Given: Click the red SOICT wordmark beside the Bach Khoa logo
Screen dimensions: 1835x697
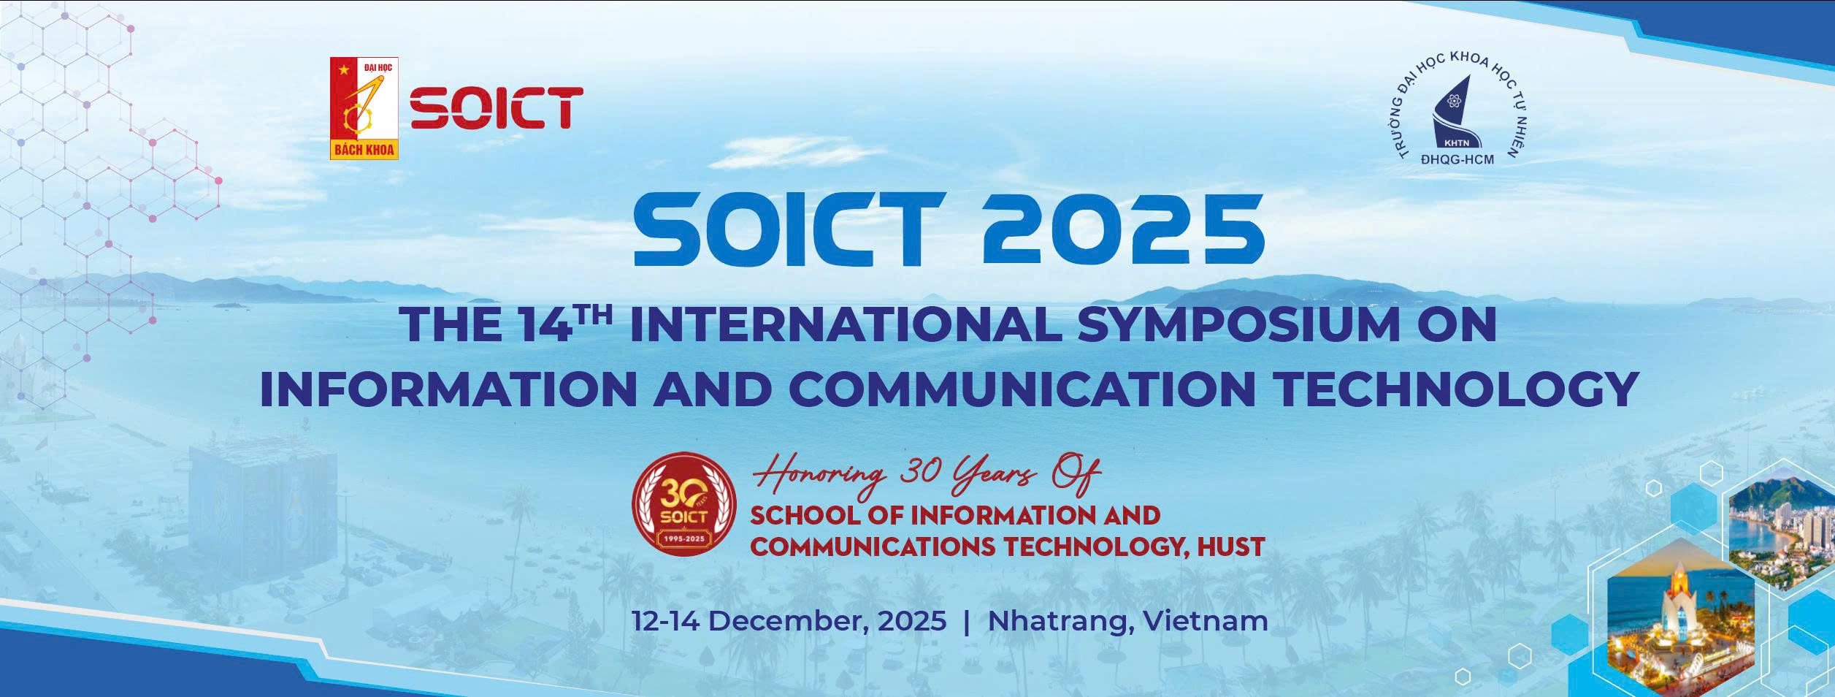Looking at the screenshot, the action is pyautogui.click(x=496, y=109).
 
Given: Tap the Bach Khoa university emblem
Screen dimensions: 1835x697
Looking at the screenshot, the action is pyautogui.click(x=364, y=108).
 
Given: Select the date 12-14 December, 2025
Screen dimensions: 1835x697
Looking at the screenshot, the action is pyautogui.click(x=789, y=622).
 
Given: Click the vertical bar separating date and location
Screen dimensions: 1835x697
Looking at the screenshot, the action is pyautogui.click(x=967, y=622).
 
